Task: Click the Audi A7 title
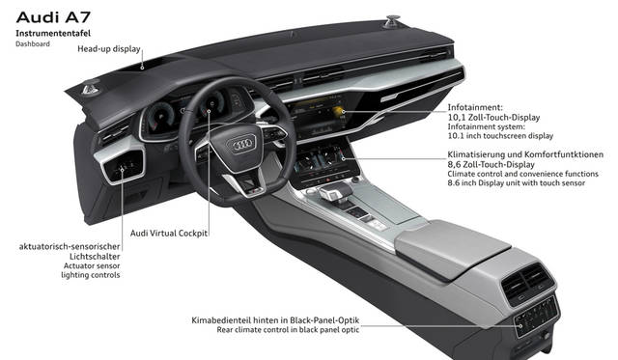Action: coord(53,17)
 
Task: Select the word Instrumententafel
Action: coord(53,34)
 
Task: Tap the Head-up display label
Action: coord(109,49)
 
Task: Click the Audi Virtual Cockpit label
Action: coord(169,234)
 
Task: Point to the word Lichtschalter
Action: coord(95,257)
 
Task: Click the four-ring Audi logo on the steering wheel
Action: coord(241,145)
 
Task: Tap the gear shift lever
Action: coord(335,193)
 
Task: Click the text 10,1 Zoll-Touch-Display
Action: coord(493,118)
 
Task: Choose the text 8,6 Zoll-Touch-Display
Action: coord(491,165)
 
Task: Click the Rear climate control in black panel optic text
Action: coord(288,330)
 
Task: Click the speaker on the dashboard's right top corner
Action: coord(392,21)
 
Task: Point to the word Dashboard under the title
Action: coord(33,44)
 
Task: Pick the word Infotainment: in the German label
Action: coord(475,107)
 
